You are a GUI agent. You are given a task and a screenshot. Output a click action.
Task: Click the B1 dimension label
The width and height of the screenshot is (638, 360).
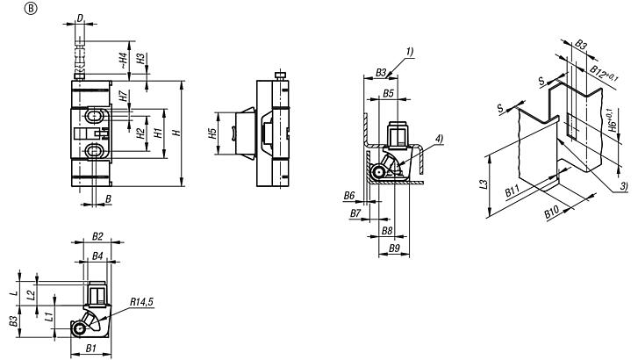click(90, 349)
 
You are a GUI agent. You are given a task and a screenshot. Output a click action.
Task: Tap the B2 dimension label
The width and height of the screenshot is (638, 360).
click(97, 237)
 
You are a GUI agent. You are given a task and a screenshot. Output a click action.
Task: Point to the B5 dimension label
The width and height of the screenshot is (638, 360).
click(389, 92)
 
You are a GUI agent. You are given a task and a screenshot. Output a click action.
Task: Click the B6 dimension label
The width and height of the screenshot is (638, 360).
click(349, 195)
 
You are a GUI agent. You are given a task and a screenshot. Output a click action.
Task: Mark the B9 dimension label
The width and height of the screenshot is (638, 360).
click(396, 249)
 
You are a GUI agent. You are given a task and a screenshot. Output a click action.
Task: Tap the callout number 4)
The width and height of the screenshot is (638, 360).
click(438, 138)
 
